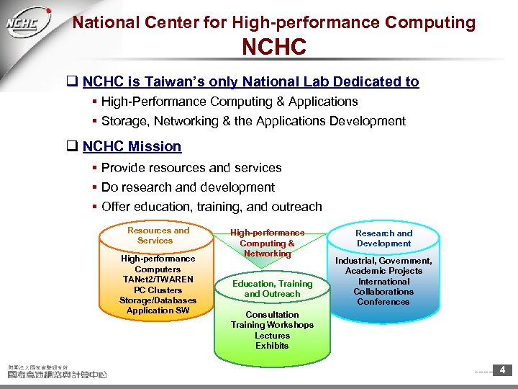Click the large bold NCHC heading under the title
pos(274,48)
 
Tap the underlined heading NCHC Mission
pos(132,147)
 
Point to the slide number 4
pos(502,370)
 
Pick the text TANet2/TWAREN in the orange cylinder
pos(158,280)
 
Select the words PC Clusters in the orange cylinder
pos(158,290)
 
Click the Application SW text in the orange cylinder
pos(158,310)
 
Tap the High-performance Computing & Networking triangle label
pos(268,243)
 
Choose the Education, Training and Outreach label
pos(272,289)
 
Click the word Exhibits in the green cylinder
pos(272,346)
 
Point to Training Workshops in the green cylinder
pos(272,325)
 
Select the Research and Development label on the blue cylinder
pos(384,238)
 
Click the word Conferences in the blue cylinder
pos(383,302)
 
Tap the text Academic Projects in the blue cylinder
pos(383,271)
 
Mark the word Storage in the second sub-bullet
pos(124,121)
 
